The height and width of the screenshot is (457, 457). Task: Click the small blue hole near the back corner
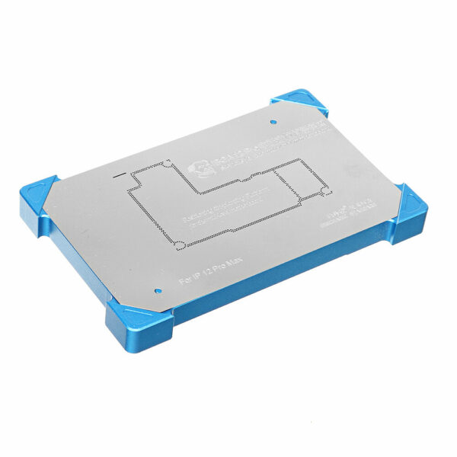click(273, 121)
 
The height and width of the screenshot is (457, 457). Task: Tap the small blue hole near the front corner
click(156, 289)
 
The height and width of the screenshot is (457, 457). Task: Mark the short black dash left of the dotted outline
click(119, 174)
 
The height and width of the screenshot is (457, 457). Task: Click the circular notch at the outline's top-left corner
click(167, 164)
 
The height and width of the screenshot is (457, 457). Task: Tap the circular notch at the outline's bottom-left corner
click(179, 244)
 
